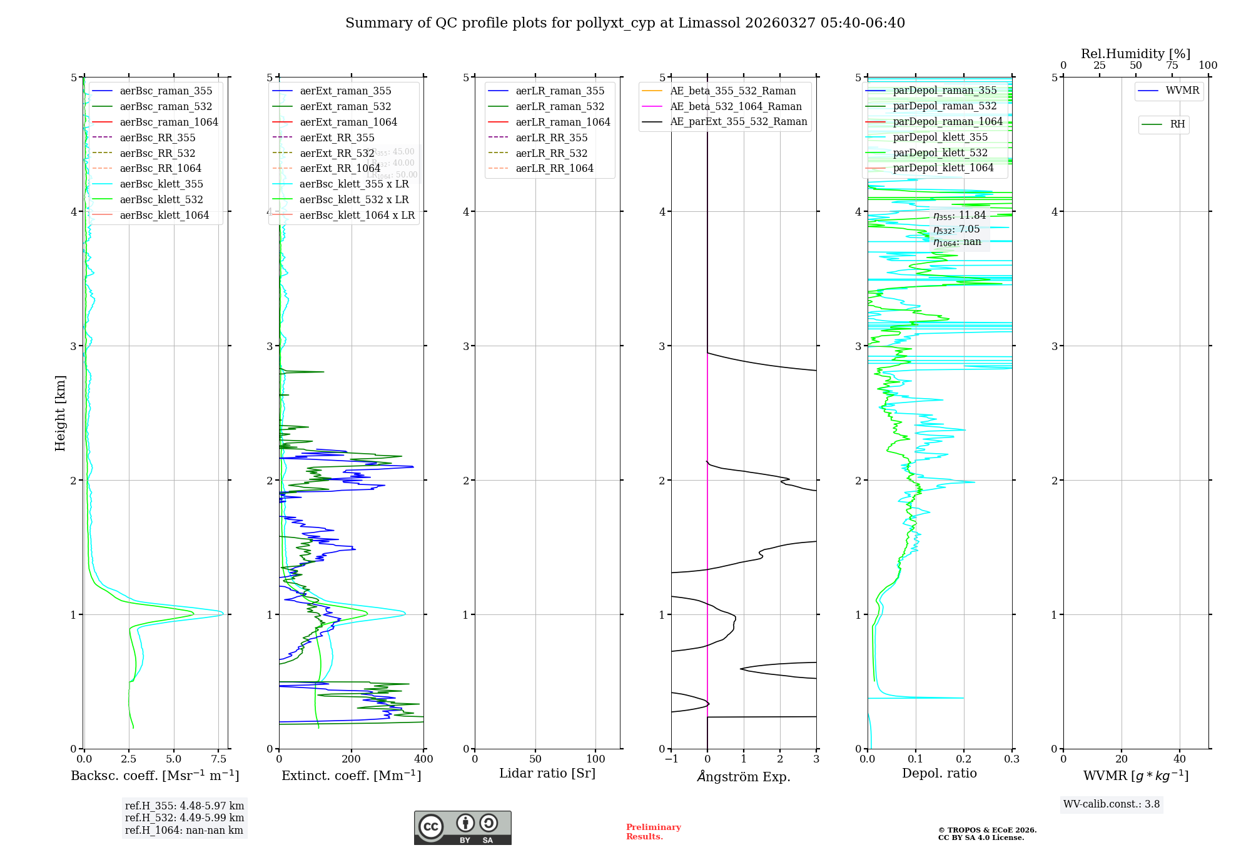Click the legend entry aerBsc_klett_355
[x=161, y=184]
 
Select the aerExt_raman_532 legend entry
[x=345, y=107]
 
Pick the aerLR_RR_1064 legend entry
[x=554, y=169]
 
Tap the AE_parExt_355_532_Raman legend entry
[x=738, y=122]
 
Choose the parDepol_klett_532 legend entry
[x=940, y=153]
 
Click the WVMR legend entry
[x=1182, y=91]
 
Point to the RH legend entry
[x=1177, y=124]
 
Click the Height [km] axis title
[x=60, y=413]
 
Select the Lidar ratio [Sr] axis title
[x=547, y=774]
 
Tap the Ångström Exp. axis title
[x=744, y=777]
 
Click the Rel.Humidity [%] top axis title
[x=1135, y=54]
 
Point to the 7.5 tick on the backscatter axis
[x=218, y=759]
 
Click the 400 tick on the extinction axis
[x=423, y=759]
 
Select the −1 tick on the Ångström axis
[x=671, y=759]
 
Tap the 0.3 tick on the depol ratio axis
[x=1011, y=759]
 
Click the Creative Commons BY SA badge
[x=462, y=828]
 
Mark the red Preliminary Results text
[x=653, y=832]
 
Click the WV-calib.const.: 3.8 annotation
[x=1112, y=804]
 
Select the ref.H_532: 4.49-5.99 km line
[x=185, y=818]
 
